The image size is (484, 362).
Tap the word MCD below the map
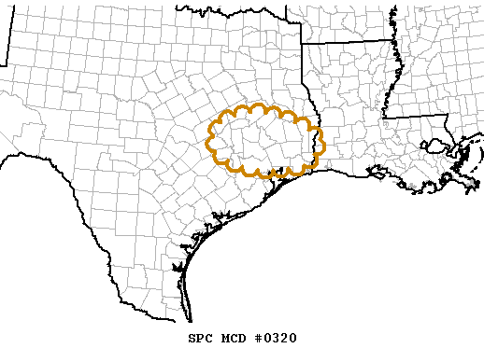point(233,338)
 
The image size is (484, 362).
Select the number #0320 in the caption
point(276,338)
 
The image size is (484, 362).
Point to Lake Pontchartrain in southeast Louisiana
point(435,146)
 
